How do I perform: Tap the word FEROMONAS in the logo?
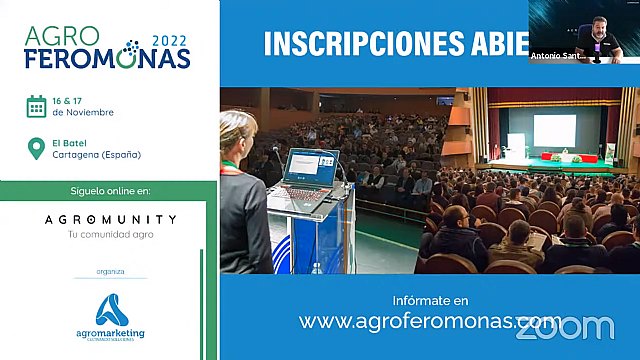108,58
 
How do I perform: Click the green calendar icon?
36,106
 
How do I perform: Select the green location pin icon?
36,149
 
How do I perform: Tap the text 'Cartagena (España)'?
96,155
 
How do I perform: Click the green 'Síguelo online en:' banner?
110,190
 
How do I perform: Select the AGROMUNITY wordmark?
110,219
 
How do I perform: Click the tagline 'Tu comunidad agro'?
110,235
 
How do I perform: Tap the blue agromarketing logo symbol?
111,307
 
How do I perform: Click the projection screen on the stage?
553,128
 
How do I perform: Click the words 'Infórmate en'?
431,300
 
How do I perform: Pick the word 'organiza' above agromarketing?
111,270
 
